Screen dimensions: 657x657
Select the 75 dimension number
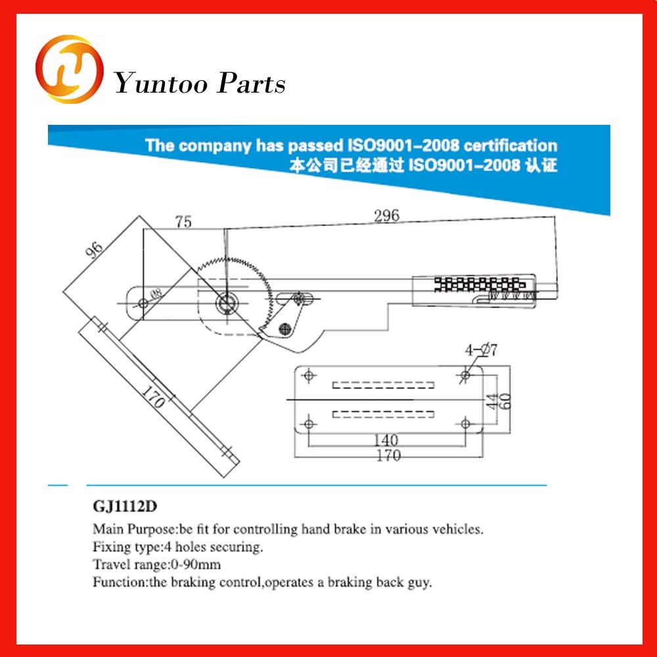click(183, 222)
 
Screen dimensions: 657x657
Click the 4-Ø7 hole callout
click(482, 350)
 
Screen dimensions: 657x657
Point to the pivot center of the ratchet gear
click(227, 302)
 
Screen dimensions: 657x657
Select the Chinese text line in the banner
click(423, 164)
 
